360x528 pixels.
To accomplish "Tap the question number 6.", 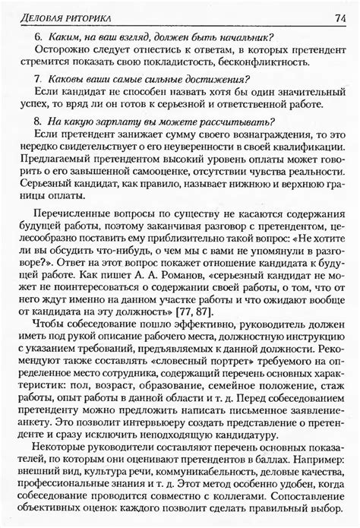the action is tap(38, 38).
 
